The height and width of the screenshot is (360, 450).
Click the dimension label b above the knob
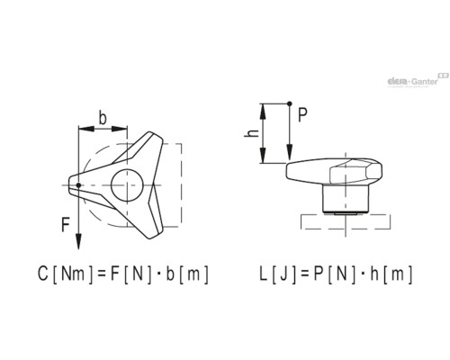[x=103, y=118]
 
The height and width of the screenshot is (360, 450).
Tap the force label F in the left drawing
[x=66, y=225]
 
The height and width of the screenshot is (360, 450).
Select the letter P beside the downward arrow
[x=302, y=114]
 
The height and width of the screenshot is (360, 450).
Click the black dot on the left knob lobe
[x=78, y=185]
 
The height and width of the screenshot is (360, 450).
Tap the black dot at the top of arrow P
[x=289, y=103]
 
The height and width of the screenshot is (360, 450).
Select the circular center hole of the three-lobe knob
[x=127, y=185]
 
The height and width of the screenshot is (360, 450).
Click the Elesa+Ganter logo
[x=418, y=80]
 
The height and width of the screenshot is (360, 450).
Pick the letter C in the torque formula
[x=43, y=274]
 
